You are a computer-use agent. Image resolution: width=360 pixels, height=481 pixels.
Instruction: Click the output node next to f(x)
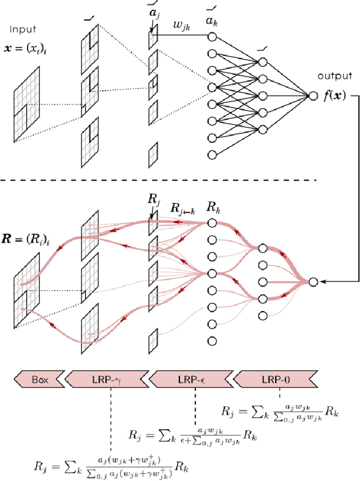tap(313, 96)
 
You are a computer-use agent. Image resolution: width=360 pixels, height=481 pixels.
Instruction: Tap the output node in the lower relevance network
tap(313, 282)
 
